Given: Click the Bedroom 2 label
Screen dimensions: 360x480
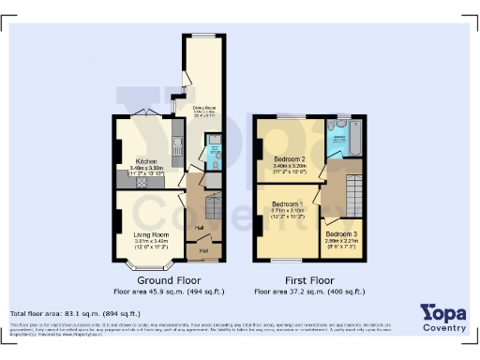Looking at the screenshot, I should (283, 160).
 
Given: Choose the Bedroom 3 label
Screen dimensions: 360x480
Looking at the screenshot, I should (341, 232).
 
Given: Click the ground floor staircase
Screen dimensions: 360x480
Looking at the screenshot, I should (212, 201).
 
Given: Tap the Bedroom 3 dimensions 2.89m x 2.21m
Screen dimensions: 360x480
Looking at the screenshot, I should (342, 241).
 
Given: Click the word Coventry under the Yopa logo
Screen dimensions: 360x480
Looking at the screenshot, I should (442, 327).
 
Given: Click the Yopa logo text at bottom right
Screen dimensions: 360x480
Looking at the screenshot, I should (442, 312).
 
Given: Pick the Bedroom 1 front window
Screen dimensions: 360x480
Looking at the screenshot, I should (287, 259).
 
